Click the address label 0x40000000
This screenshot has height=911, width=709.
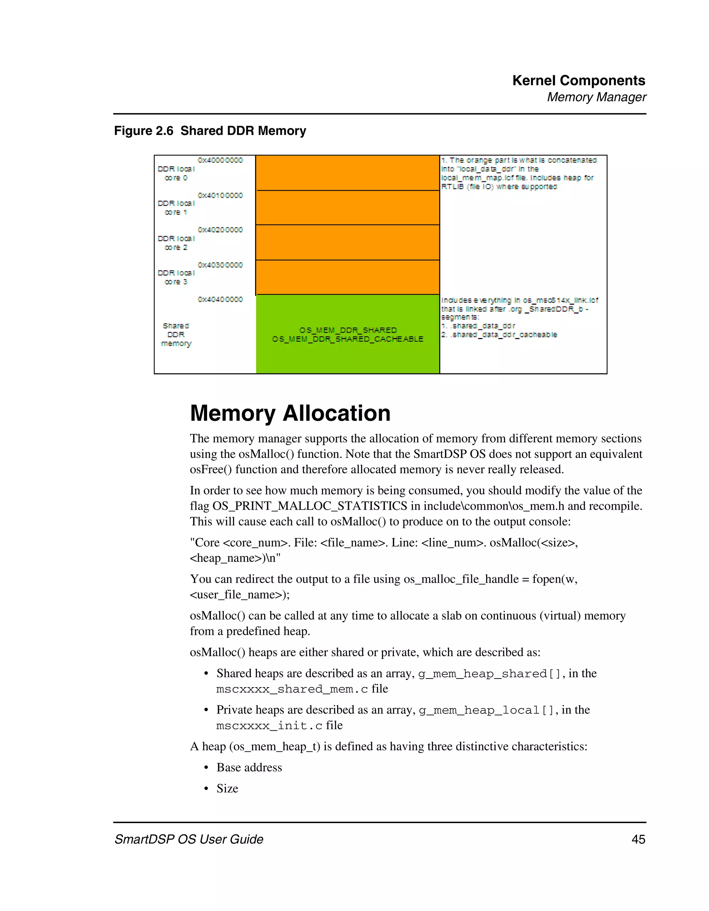click(x=220, y=160)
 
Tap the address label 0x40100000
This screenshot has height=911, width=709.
click(x=220, y=195)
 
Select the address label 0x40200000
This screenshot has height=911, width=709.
click(x=220, y=230)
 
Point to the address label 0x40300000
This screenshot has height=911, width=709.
click(x=220, y=265)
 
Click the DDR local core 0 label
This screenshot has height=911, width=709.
click(x=176, y=173)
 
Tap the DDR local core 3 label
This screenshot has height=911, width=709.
click(x=176, y=277)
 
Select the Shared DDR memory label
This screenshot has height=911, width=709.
click(x=176, y=335)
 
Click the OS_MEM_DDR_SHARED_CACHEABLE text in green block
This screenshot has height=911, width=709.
click(x=348, y=339)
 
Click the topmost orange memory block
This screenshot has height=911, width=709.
click(x=348, y=173)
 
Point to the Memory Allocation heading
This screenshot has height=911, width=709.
click(x=290, y=413)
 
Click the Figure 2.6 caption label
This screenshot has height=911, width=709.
click(x=210, y=130)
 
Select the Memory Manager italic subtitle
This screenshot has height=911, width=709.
click(x=596, y=97)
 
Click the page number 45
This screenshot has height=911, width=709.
click(x=638, y=839)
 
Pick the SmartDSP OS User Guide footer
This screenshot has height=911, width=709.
click(x=189, y=839)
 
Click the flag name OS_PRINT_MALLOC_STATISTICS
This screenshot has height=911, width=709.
click(x=309, y=506)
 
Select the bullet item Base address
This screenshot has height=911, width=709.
click(x=249, y=767)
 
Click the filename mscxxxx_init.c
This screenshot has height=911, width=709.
click(x=269, y=726)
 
